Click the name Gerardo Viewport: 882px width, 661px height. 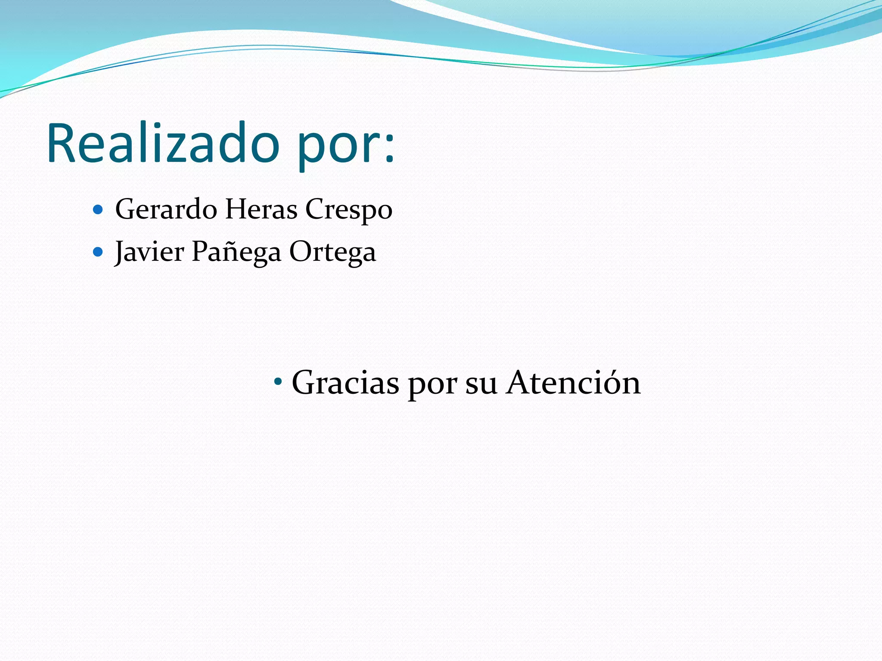click(x=166, y=210)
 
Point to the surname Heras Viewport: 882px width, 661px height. click(x=261, y=210)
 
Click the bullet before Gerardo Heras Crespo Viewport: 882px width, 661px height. click(x=98, y=210)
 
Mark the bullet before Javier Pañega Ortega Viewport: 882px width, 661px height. click(x=98, y=252)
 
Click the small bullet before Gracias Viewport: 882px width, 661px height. click(x=278, y=381)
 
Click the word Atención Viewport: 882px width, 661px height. click(x=573, y=382)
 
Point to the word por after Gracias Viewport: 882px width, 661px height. click(x=432, y=384)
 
